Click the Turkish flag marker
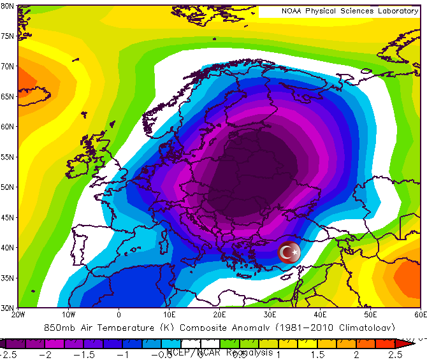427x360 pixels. tap(289, 252)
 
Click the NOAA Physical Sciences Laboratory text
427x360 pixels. tap(350, 11)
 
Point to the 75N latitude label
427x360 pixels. tap(8, 36)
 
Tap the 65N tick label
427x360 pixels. tap(8, 96)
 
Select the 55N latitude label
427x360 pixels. tap(8, 157)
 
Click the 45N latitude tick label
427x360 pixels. tap(8, 217)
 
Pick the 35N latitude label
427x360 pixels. tap(8, 278)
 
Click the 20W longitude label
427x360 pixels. tap(18, 314)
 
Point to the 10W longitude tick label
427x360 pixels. tap(68, 314)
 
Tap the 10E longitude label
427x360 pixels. tap(169, 314)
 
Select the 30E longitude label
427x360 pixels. tap(270, 314)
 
